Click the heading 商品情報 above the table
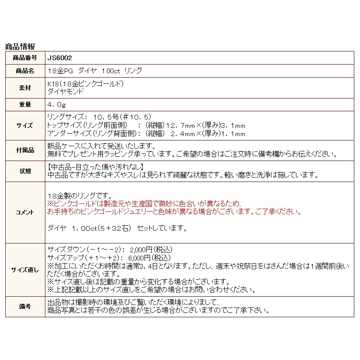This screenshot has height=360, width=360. tap(20, 47)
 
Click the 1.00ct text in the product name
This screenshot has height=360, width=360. tap(110, 71)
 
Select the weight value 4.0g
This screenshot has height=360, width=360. tap(56, 105)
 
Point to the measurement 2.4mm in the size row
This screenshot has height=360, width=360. tap(185, 134)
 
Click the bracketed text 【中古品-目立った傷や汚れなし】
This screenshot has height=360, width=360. tap(95, 167)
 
